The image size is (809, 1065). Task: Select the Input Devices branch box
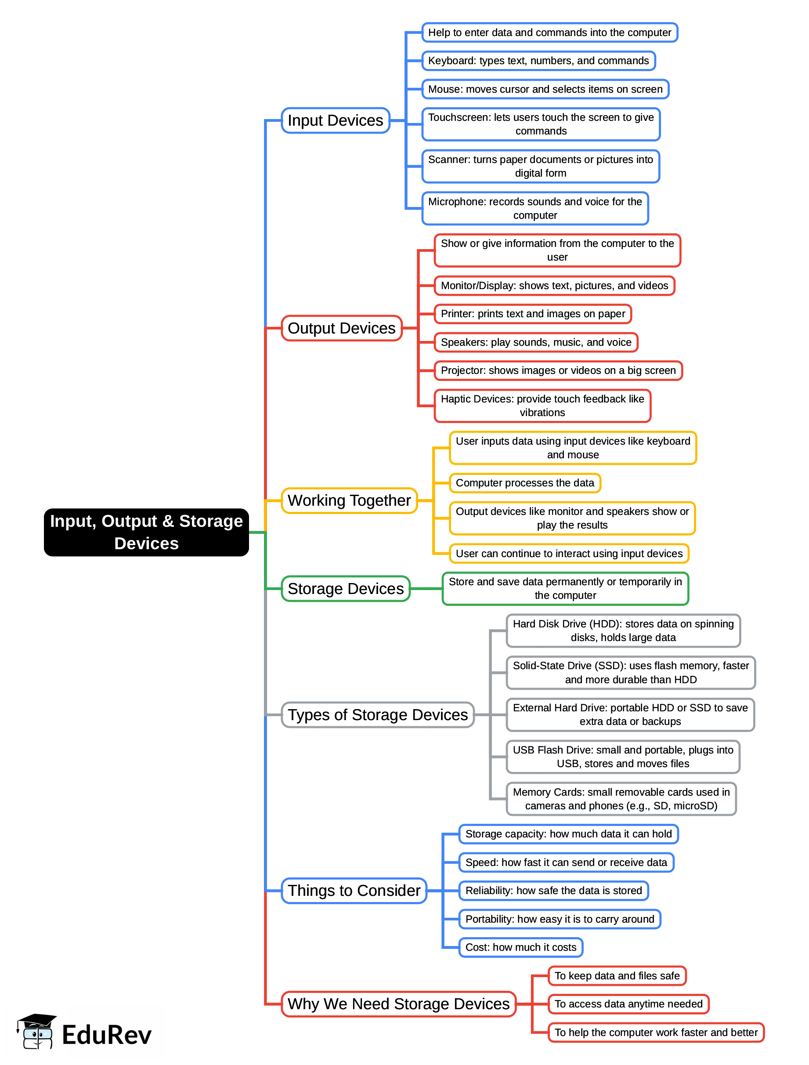(x=336, y=120)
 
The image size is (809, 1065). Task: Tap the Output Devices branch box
(x=341, y=329)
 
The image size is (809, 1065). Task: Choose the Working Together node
(x=349, y=501)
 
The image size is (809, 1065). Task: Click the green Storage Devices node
(x=345, y=589)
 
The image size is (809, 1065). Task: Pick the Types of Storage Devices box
(x=378, y=715)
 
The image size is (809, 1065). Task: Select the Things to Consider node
(x=354, y=891)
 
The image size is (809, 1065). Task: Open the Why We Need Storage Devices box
(x=398, y=1004)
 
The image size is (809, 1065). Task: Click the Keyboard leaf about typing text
(x=538, y=61)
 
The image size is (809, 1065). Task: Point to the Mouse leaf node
(x=545, y=89)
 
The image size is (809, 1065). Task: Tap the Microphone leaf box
(x=535, y=209)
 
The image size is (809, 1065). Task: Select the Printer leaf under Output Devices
(x=533, y=314)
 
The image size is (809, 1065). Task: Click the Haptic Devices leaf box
(x=542, y=406)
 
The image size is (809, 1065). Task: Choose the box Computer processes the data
(x=525, y=483)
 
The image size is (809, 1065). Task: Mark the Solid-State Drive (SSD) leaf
(x=630, y=673)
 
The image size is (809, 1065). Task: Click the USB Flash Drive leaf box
(x=623, y=757)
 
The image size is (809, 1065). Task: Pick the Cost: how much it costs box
(x=520, y=947)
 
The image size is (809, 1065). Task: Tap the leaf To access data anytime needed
(x=628, y=1004)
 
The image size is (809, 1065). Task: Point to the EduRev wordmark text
(x=106, y=1036)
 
